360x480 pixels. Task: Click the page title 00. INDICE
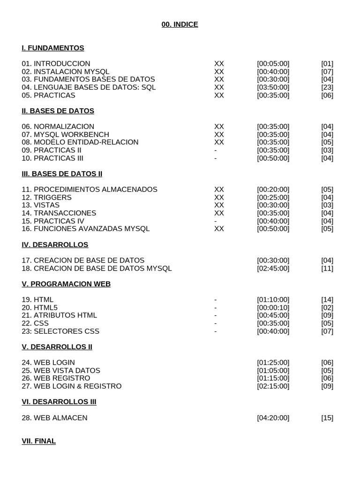tap(180, 24)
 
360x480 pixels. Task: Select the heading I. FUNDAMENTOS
tap(53, 48)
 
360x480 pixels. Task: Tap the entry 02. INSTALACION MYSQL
tap(65, 72)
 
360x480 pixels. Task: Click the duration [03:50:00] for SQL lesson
tap(273, 87)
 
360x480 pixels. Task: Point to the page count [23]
tap(327, 87)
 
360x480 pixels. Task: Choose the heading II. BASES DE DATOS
tap(58, 111)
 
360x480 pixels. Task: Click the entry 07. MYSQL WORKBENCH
tap(65, 135)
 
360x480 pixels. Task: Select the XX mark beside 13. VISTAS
tap(219, 205)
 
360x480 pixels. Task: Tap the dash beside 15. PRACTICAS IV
tap(215, 221)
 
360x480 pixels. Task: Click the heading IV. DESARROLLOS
tap(55, 245)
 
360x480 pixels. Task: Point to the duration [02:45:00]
tap(273, 268)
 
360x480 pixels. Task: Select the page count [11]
tap(327, 268)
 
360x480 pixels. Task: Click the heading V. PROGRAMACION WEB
tap(66, 284)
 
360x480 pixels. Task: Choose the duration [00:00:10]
tap(273, 307)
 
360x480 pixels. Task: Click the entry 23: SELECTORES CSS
tap(60, 331)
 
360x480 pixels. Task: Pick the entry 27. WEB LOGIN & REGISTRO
tap(71, 386)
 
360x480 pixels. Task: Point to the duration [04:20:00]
tap(273, 418)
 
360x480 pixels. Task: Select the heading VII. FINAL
tap(39, 441)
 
